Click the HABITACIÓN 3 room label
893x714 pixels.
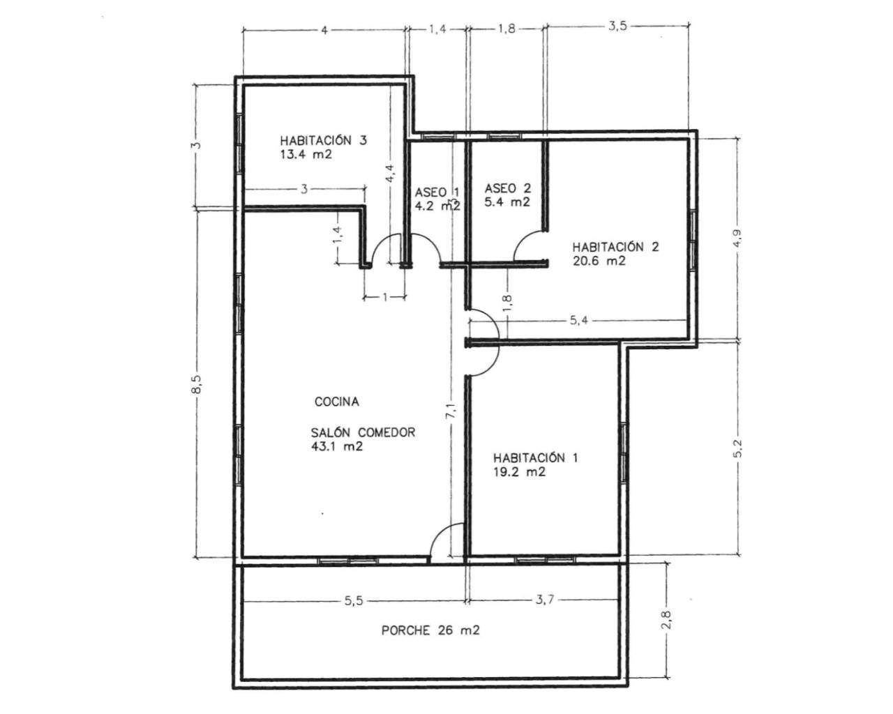pos(323,140)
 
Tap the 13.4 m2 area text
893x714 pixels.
pos(306,155)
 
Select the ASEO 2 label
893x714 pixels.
pos(507,188)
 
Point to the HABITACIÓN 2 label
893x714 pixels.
pos(615,247)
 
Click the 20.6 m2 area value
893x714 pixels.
pos(599,261)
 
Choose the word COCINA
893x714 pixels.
pos(337,402)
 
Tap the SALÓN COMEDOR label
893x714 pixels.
pos(363,432)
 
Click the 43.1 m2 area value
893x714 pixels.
pos(337,446)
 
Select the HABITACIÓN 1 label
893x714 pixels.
pos(535,457)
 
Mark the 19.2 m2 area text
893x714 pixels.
pos(519,472)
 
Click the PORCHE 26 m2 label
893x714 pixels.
pos(430,630)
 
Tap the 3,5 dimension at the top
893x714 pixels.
pos(618,26)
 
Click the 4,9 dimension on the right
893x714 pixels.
pos(738,238)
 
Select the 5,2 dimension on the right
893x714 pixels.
pos(738,448)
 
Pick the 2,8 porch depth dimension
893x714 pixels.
pos(667,619)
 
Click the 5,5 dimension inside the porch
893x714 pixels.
pos(354,601)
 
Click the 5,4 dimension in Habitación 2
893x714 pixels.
pos(579,320)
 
